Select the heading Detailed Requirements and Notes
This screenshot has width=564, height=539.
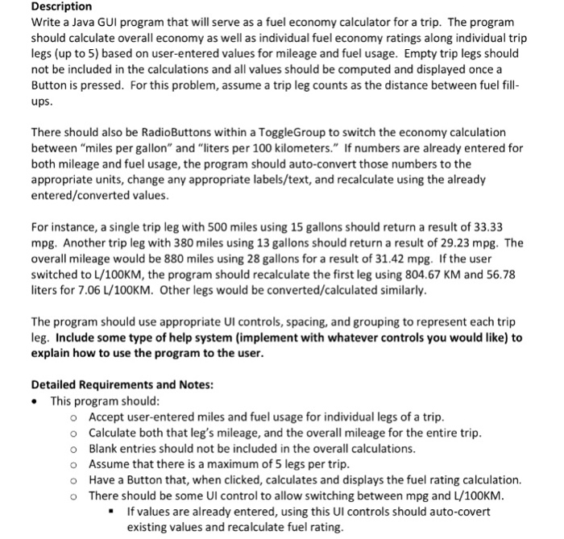[x=122, y=384]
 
